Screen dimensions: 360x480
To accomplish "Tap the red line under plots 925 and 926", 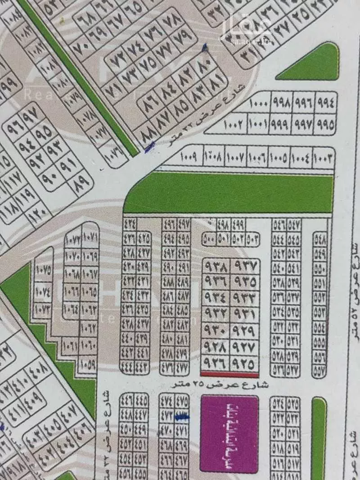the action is point(229,374).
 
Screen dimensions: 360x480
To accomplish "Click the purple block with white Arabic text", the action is point(229,428).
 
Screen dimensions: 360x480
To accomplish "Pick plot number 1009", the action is point(189,158).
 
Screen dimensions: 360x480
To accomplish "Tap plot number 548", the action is point(321,240).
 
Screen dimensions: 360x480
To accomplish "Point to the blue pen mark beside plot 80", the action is point(206,47).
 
